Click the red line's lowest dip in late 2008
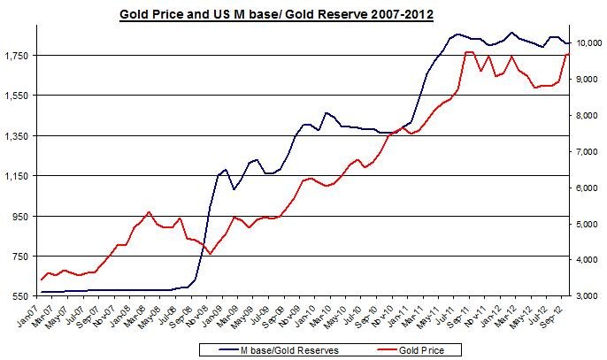[210, 254]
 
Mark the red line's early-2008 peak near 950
[149, 212]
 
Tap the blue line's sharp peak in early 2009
[226, 169]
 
